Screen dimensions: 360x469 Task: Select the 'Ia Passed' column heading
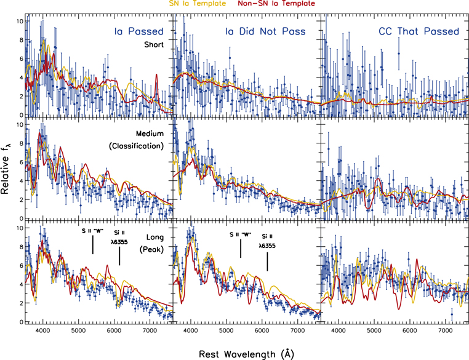click(x=138, y=31)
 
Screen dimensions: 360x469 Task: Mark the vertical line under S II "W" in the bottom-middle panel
click(x=241, y=249)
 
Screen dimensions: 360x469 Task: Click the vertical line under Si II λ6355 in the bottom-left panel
click(x=119, y=256)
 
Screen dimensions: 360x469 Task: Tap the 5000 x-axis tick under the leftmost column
click(x=78, y=331)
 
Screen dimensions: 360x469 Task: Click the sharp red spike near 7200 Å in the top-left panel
click(x=157, y=76)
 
